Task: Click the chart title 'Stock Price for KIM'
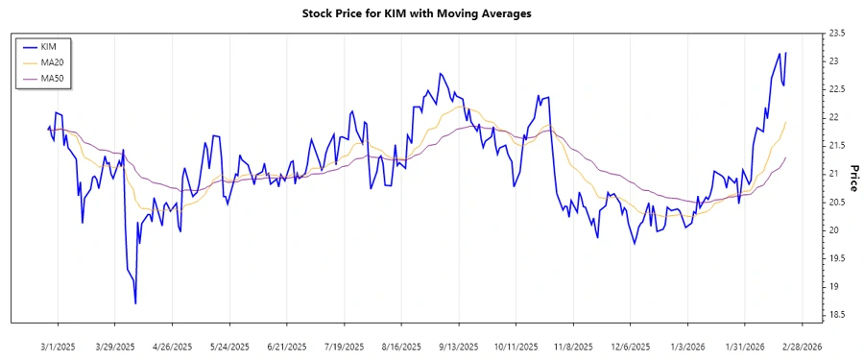[416, 13]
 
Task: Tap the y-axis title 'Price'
[853, 178]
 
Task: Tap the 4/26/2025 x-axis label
[172, 346]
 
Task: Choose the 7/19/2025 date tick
[344, 346]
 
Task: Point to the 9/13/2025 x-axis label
[459, 346]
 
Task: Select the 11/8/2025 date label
[573, 346]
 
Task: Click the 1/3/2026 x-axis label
[688, 346]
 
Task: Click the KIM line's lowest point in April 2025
[135, 303]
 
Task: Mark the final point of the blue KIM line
[786, 53]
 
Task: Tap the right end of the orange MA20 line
[786, 122]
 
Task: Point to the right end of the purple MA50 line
[786, 157]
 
